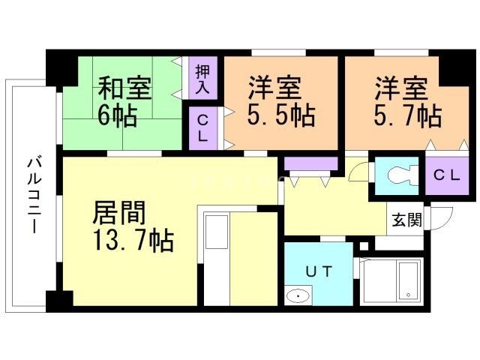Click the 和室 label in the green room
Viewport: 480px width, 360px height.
(125, 88)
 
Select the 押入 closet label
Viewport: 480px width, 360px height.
(202, 79)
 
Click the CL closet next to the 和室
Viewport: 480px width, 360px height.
(202, 127)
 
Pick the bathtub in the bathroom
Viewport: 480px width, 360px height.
(409, 281)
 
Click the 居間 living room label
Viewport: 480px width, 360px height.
(118, 213)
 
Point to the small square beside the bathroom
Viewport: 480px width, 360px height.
(364, 245)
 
